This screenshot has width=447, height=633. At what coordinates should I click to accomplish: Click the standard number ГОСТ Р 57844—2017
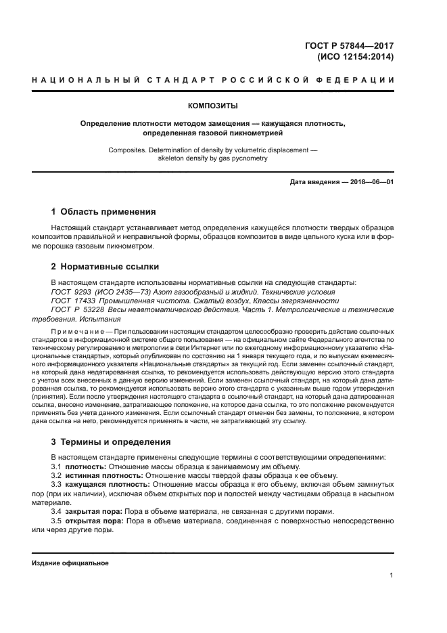pos(354,46)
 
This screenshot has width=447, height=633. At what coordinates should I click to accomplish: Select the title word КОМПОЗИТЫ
pos(213,106)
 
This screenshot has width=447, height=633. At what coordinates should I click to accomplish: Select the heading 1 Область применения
pos(103,211)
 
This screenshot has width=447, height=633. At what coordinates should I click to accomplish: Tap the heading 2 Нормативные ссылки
pos(105,266)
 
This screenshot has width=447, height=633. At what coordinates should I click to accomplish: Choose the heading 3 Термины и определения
pos(112,442)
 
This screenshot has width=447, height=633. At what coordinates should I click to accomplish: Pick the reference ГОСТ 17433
pos(70,300)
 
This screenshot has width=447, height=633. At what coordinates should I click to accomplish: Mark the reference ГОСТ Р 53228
pos(74,309)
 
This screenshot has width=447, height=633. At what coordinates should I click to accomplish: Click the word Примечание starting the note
pos(77,332)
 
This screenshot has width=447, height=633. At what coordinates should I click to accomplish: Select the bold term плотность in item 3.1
pos(85,467)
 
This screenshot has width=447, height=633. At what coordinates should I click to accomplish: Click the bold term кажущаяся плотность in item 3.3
pos(106,485)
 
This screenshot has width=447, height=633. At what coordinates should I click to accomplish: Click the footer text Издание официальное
pos(70,563)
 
